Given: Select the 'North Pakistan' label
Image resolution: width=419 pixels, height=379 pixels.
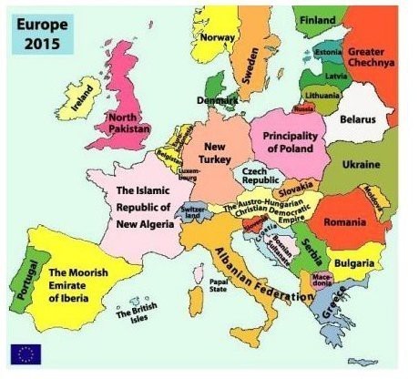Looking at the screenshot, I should [x=128, y=122].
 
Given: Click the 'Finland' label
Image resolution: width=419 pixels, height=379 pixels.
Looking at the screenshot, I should [x=318, y=19].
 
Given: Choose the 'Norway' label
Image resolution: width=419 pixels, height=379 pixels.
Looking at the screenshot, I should [x=218, y=37].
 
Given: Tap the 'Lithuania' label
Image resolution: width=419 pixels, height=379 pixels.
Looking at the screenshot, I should [x=322, y=95].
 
